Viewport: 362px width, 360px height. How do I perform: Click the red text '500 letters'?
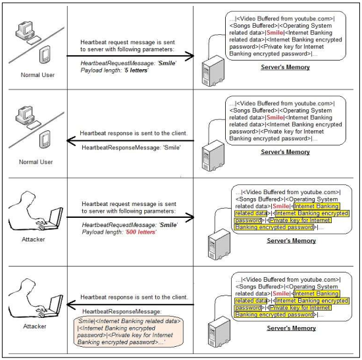[x=141, y=232]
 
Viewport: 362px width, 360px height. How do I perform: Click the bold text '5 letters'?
[x=136, y=70]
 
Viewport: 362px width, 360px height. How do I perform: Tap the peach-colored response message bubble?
[x=128, y=331]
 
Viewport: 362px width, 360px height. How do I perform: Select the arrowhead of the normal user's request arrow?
[x=190, y=56]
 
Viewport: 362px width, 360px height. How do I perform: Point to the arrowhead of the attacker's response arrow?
[x=71, y=304]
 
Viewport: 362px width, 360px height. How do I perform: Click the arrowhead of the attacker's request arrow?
[x=190, y=217]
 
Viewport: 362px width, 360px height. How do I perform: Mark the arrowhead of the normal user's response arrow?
[x=71, y=140]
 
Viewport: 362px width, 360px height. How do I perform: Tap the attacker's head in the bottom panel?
[x=28, y=286]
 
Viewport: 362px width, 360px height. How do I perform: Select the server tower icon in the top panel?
[x=213, y=71]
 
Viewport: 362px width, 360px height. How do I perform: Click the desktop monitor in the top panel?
[x=25, y=30]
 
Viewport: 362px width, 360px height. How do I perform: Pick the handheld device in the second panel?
[x=45, y=140]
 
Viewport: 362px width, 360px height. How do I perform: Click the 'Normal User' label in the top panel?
[x=38, y=75]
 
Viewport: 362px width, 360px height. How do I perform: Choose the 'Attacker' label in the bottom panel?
[x=35, y=326]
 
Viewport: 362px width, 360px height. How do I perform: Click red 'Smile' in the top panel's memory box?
[x=274, y=32]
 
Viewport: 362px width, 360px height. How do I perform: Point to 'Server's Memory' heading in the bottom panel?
[x=292, y=328]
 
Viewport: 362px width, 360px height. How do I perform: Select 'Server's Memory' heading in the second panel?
[x=286, y=152]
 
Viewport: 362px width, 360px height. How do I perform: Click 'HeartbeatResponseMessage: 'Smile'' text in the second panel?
[x=131, y=147]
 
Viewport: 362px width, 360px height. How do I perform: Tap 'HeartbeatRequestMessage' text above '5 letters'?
[x=118, y=63]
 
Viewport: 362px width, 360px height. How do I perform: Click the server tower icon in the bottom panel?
[x=219, y=332]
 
